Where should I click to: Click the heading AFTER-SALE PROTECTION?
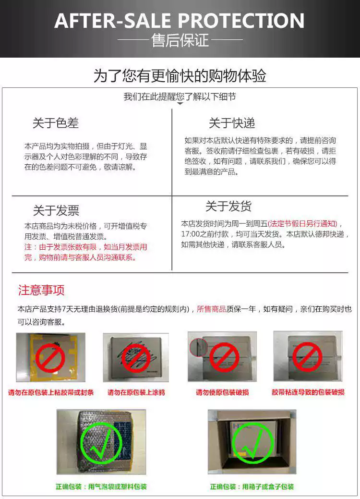pyautogui.click(x=180, y=20)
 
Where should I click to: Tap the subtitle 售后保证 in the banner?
pyautogui.click(x=180, y=40)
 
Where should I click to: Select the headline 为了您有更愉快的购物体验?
pyautogui.click(x=180, y=76)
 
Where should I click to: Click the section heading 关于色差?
pyautogui.click(x=56, y=123)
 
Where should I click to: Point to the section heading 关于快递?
pyautogui.click(x=231, y=123)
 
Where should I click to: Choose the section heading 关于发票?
pyautogui.click(x=56, y=210)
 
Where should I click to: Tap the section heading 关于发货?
pyautogui.click(x=228, y=207)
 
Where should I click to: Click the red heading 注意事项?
pyautogui.click(x=41, y=290)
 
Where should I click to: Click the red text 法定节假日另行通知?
pyautogui.click(x=303, y=224)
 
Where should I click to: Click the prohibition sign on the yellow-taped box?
pyautogui.click(x=50, y=358)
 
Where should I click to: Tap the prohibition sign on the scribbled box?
pyautogui.click(x=136, y=358)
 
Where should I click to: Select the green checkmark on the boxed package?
pyautogui.click(x=252, y=443)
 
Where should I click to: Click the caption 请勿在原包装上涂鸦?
pyautogui.click(x=136, y=392)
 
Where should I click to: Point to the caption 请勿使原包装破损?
pyautogui.click(x=222, y=392)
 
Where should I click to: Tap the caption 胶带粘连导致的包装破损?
pyautogui.click(x=308, y=392)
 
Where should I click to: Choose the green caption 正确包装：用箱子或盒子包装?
pyautogui.click(x=252, y=487)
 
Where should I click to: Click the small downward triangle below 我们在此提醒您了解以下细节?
pyautogui.click(x=180, y=103)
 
